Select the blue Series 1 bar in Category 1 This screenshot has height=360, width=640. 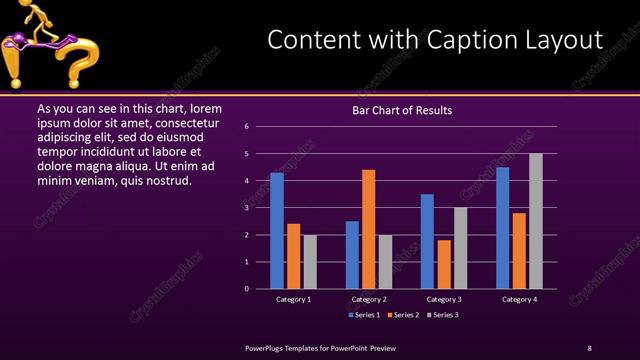pyautogui.click(x=277, y=231)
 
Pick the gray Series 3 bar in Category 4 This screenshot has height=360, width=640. pyautogui.click(x=536, y=221)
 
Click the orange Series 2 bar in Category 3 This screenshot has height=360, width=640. pyautogui.click(x=444, y=264)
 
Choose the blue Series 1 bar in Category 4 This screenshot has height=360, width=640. pyautogui.click(x=503, y=228)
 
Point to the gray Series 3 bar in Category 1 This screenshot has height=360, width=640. pyautogui.click(x=310, y=262)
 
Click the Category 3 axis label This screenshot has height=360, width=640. pyautogui.click(x=444, y=299)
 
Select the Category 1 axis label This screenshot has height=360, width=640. pyautogui.click(x=294, y=299)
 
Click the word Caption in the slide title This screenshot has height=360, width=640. pyautogui.click(x=453, y=39)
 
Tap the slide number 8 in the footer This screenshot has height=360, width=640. pyautogui.click(x=589, y=347)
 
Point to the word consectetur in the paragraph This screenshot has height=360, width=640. pyautogui.click(x=187, y=121)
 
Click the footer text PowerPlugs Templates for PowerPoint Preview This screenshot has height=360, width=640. pyautogui.click(x=321, y=347)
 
